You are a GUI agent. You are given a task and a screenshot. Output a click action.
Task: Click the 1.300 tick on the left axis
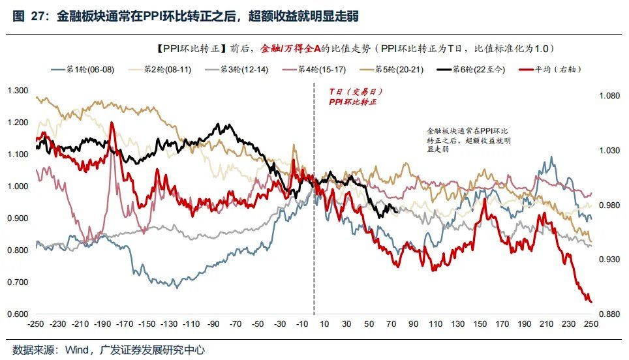[x=17, y=91]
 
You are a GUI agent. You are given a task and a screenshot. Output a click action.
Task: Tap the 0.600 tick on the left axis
[x=17, y=314]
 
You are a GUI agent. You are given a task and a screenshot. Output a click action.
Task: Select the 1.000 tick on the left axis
[x=17, y=187]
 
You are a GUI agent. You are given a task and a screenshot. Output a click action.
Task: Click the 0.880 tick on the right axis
[x=609, y=314]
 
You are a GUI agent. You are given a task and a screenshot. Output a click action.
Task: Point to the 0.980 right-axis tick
[x=609, y=205]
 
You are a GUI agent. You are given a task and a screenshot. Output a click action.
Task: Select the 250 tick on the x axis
[x=591, y=324]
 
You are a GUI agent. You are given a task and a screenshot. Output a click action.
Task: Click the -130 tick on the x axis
[x=170, y=324]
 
